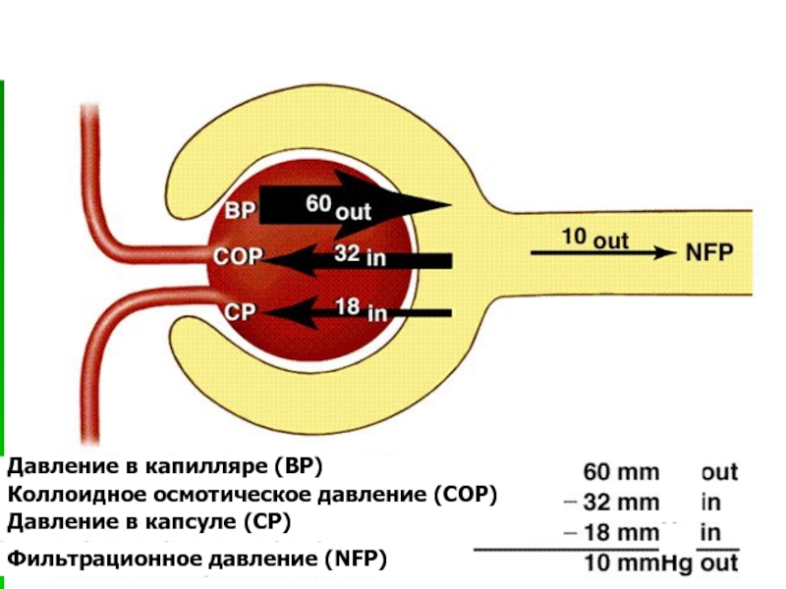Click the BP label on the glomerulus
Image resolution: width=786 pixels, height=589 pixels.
[x=240, y=210]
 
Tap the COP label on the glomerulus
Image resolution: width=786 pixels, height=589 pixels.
[x=238, y=256]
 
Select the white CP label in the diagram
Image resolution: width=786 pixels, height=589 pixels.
[x=240, y=312]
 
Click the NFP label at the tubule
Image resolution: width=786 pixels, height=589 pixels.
[x=708, y=252]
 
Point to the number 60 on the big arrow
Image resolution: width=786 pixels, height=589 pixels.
[x=318, y=203]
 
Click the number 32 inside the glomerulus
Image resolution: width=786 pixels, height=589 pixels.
[x=347, y=253]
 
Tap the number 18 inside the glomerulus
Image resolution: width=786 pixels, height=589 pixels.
[x=348, y=306]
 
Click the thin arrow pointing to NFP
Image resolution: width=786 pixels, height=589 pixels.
[x=603, y=253]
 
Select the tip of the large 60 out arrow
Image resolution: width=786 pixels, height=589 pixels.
[x=452, y=204]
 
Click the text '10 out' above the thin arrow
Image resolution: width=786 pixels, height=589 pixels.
[x=595, y=238]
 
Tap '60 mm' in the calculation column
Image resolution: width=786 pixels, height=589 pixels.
[x=621, y=472]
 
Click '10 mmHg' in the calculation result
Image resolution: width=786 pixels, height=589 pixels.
[x=638, y=563]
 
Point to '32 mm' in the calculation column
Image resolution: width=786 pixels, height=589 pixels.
[x=621, y=503]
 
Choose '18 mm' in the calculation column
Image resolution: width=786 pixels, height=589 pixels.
[x=621, y=532]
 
